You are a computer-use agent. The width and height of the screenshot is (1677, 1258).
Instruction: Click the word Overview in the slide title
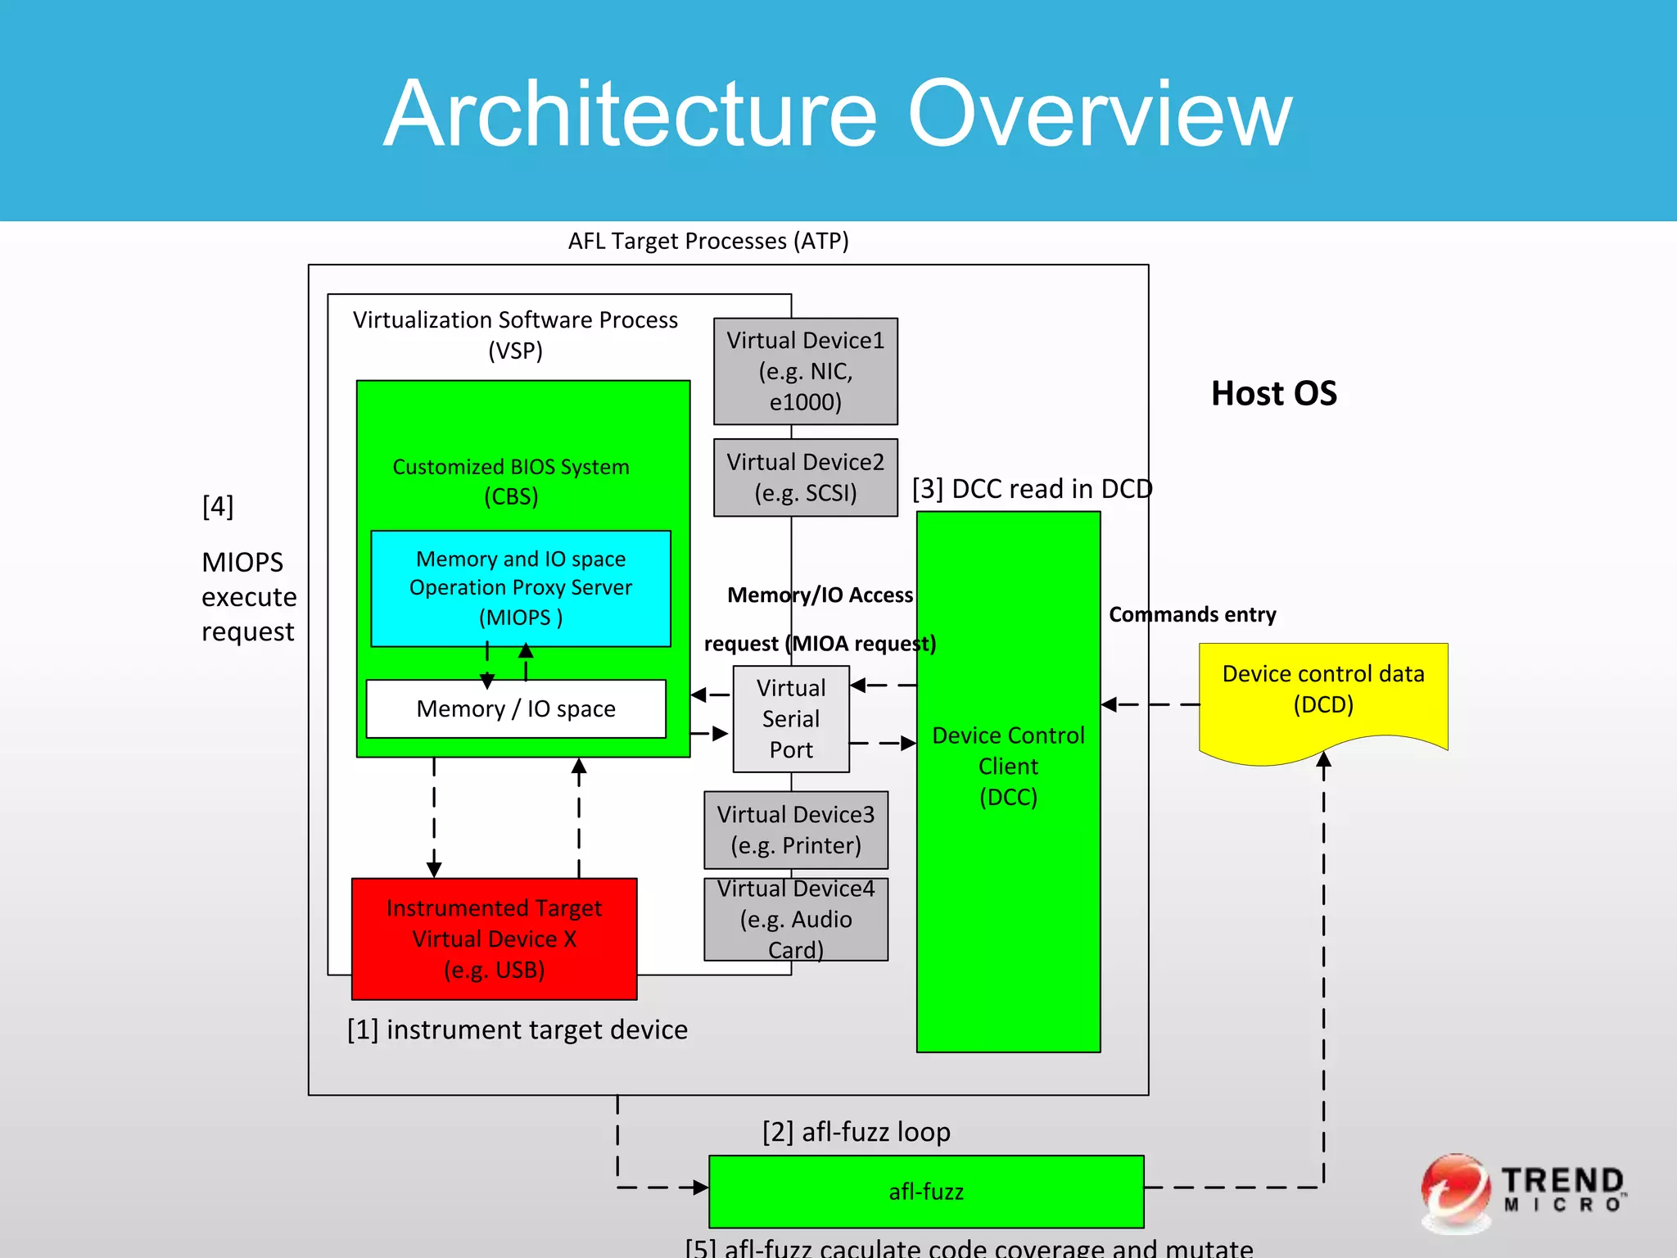point(1099,115)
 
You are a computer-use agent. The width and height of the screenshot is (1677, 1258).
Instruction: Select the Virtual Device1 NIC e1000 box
point(805,371)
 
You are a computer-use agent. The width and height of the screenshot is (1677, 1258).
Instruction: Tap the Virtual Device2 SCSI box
point(805,477)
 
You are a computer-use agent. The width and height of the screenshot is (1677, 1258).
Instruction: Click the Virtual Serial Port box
point(790,719)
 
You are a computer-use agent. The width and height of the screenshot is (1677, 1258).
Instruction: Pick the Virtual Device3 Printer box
point(795,830)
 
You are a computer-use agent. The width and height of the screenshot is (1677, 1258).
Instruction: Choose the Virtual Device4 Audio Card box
point(795,919)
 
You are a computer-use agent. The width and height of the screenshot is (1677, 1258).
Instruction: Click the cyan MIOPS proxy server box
point(520,588)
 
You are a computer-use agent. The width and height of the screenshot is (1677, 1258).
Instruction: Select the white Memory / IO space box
point(515,708)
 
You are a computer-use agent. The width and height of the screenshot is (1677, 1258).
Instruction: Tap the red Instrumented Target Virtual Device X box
point(494,939)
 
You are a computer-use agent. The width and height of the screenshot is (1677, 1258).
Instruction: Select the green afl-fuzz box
point(925,1191)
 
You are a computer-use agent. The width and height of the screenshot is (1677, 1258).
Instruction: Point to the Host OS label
point(1273,393)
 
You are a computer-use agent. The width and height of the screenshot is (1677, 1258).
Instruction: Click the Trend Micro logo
point(1523,1192)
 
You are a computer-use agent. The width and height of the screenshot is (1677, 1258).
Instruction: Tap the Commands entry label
point(1192,614)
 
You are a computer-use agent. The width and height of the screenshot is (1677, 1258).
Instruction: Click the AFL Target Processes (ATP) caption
point(708,241)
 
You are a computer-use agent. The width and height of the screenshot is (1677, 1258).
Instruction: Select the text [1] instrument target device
point(517,1029)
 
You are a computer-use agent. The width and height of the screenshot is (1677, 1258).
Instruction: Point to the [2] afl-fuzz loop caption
point(856,1132)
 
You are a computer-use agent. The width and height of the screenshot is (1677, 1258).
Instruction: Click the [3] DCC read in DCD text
point(1032,489)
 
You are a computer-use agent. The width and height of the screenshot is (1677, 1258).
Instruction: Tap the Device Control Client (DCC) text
point(1008,766)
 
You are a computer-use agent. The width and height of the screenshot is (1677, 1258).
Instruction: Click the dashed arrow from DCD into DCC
point(1150,704)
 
